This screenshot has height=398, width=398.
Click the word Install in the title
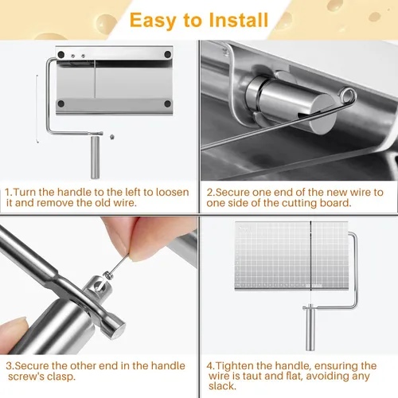(x=239, y=20)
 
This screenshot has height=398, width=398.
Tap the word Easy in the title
(x=153, y=21)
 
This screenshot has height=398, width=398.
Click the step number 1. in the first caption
(x=9, y=192)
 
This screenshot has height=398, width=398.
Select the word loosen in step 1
(x=173, y=192)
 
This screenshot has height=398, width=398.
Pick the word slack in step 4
(x=222, y=386)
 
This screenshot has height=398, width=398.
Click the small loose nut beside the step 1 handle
(x=112, y=137)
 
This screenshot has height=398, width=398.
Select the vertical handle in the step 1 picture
(x=96, y=157)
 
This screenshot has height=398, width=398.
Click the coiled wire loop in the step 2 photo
(x=348, y=96)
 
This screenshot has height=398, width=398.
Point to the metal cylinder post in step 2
(x=292, y=104)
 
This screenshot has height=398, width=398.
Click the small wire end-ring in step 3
(x=107, y=275)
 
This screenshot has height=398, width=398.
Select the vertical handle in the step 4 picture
(x=310, y=330)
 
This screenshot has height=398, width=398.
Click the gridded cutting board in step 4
(x=292, y=256)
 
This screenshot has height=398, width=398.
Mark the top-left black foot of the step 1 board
(x=61, y=55)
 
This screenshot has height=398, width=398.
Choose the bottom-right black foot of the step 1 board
(x=167, y=103)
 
